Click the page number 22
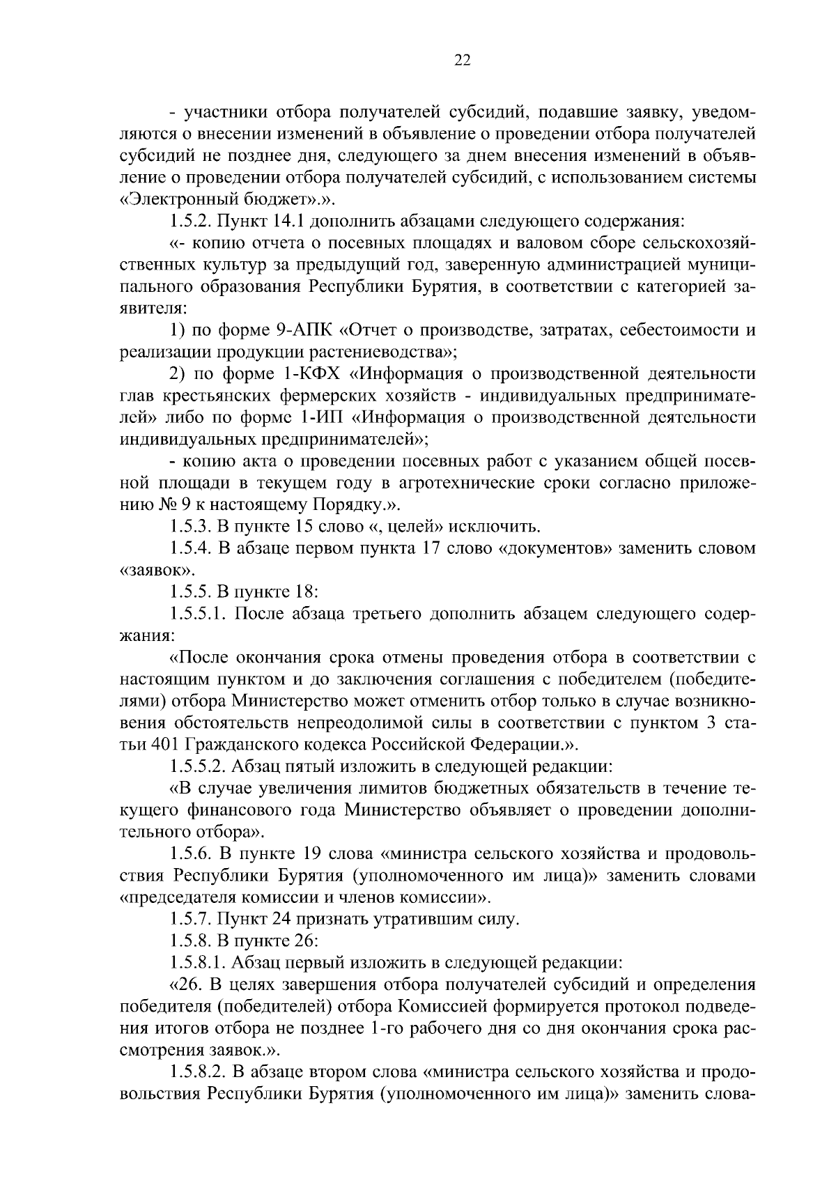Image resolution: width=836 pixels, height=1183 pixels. tap(462, 61)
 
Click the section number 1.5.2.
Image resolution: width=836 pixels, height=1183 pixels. tap(189, 222)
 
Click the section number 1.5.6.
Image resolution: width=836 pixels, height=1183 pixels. tap(189, 853)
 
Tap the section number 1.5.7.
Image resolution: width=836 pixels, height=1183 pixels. tap(189, 919)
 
